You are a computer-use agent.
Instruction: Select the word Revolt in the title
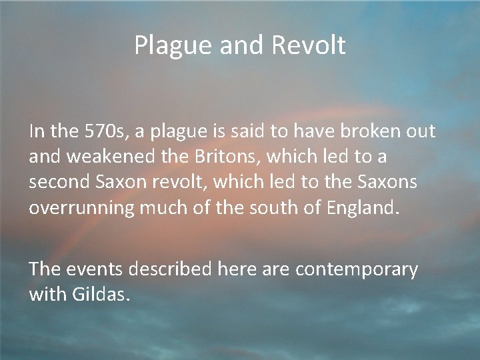[x=308, y=45]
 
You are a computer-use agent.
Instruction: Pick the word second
[x=59, y=182]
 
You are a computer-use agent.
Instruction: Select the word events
[x=99, y=269]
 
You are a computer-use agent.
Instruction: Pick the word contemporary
[x=357, y=269]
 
